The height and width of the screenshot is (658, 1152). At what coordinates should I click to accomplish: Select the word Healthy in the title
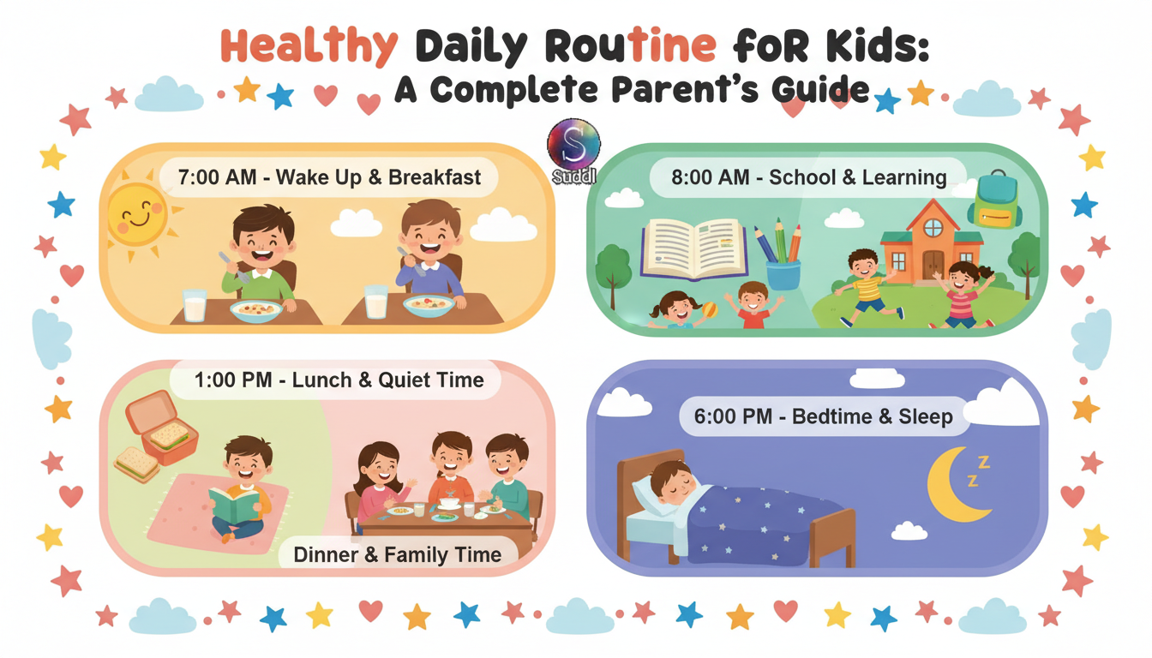click(x=309, y=47)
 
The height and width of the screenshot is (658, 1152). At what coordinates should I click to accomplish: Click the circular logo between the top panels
click(x=573, y=146)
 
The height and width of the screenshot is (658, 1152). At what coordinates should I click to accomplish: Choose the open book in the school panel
click(x=693, y=248)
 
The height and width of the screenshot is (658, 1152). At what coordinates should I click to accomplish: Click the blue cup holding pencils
click(x=783, y=274)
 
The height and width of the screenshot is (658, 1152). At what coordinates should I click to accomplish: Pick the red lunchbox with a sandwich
click(x=162, y=428)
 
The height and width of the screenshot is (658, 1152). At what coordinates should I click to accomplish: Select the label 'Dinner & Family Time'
click(x=397, y=554)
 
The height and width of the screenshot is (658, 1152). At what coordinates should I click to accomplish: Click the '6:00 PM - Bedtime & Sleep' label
click(x=823, y=417)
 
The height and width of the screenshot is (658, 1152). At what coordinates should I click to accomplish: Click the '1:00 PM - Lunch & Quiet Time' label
click(x=339, y=380)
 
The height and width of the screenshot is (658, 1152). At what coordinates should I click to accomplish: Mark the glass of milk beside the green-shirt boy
click(x=195, y=304)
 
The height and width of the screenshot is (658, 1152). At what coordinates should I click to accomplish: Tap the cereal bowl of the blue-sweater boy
click(x=429, y=305)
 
